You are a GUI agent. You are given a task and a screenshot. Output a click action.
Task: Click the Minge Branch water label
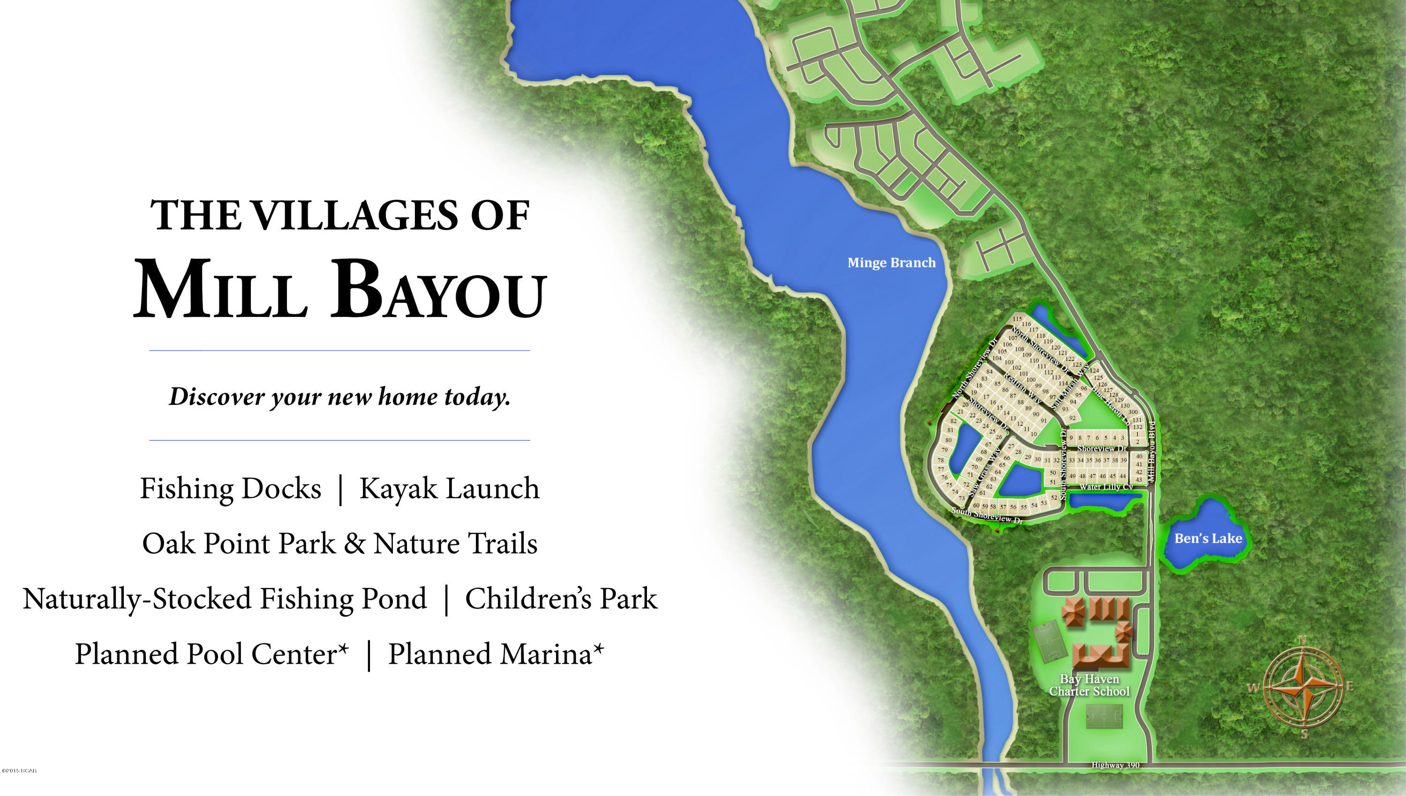(x=891, y=263)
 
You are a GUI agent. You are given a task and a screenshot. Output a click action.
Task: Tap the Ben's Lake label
(x=1208, y=539)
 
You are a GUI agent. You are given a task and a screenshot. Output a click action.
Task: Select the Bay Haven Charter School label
(x=1089, y=685)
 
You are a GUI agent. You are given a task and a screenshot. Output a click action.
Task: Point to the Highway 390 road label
(x=1115, y=765)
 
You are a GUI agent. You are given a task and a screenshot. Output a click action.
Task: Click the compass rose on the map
(x=1304, y=687)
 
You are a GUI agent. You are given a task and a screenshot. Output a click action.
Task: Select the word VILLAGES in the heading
(x=356, y=215)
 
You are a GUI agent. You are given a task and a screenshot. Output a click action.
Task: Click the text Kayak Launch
(x=449, y=488)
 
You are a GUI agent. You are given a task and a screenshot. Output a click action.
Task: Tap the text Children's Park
(x=561, y=598)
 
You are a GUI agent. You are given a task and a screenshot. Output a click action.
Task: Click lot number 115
(x=1017, y=319)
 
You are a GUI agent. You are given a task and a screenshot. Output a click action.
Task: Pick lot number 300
(x=1133, y=412)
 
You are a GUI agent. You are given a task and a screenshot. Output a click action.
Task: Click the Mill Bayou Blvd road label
(x=1152, y=451)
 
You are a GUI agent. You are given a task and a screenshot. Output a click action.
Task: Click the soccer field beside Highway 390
(x=1104, y=716)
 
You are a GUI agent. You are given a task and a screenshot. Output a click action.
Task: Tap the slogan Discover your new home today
(x=339, y=397)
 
